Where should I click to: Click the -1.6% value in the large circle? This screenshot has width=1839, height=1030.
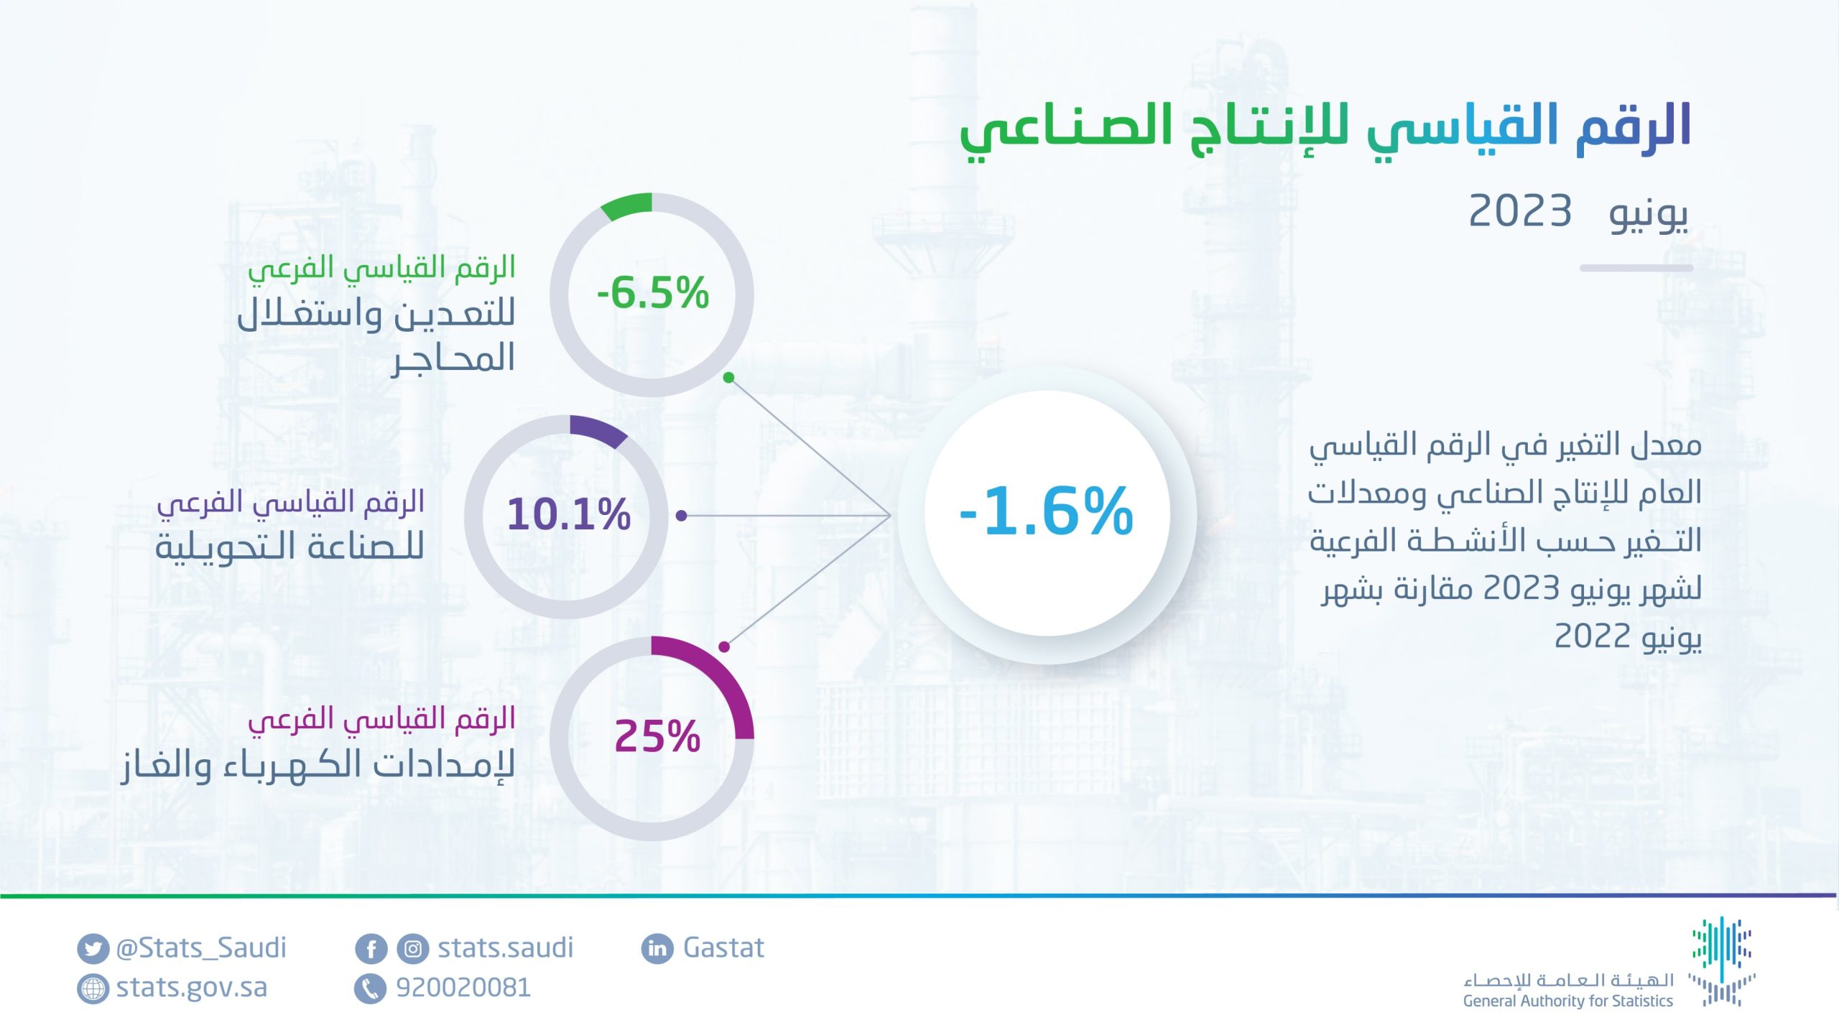pos(1046,511)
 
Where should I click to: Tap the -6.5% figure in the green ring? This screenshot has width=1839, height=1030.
pos(652,293)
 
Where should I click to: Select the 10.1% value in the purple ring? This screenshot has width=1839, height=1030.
pos(569,514)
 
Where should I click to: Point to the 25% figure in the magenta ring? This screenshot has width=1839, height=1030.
pos(657,736)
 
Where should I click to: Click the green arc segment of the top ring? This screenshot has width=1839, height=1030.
pos(626,205)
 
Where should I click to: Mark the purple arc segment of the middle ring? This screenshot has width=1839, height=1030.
pos(599,429)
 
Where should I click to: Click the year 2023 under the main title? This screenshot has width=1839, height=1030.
pos(1520,211)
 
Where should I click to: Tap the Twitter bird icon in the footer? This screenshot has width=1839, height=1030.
pos(92,949)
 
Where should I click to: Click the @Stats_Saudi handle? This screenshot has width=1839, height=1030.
pos(201,948)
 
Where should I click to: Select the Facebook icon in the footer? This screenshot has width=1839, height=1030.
pos(371,949)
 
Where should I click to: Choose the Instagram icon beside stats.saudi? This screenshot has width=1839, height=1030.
pos(413,949)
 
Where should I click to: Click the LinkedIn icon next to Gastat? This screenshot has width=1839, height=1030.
pos(657,948)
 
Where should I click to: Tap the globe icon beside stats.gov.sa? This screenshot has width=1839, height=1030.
pos(92,989)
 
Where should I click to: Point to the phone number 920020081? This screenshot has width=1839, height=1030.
pos(463,988)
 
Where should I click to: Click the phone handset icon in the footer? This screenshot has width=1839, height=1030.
pos(371,989)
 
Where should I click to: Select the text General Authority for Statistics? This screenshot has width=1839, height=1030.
pos(1568,1001)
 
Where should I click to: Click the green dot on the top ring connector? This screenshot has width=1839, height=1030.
pos(728,377)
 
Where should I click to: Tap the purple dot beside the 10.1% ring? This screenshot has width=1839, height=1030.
pos(682,515)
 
